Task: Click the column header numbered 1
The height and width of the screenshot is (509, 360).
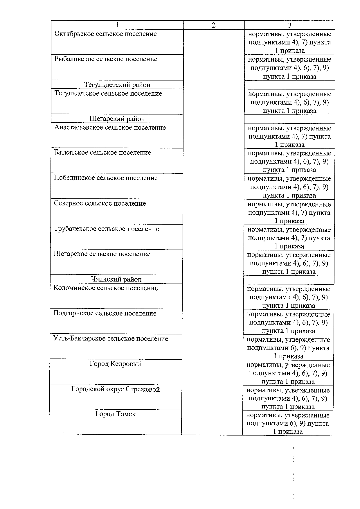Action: click(x=117, y=25)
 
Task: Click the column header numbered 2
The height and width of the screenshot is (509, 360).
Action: click(x=214, y=25)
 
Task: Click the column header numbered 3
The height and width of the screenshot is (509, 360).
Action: click(x=289, y=25)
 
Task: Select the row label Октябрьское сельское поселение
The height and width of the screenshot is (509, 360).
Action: click(x=106, y=34)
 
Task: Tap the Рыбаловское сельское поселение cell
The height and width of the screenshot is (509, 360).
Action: click(x=106, y=59)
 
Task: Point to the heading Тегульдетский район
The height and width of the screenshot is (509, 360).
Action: click(x=117, y=85)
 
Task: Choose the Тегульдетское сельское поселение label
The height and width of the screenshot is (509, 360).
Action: click(x=108, y=94)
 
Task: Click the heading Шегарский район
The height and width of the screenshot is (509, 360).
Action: click(x=117, y=119)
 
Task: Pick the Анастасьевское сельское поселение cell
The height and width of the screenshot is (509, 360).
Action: click(x=110, y=128)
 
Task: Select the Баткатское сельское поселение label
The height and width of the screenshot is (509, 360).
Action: click(x=103, y=153)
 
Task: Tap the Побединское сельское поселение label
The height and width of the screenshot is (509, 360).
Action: click(x=106, y=178)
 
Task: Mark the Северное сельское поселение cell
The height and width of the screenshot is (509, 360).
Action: click(x=100, y=203)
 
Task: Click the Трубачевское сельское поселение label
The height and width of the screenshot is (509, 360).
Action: click(x=107, y=229)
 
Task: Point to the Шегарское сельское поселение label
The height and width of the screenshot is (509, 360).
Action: click(x=102, y=254)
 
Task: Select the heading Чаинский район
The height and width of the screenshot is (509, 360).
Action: click(x=116, y=279)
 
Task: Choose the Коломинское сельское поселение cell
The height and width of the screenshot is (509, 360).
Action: click(x=106, y=288)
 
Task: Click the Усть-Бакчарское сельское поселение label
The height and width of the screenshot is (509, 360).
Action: click(x=111, y=339)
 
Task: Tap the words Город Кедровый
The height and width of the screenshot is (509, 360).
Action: click(x=116, y=364)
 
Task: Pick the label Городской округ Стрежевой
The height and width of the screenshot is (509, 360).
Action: click(x=116, y=389)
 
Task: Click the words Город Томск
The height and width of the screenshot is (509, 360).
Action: click(x=115, y=414)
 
